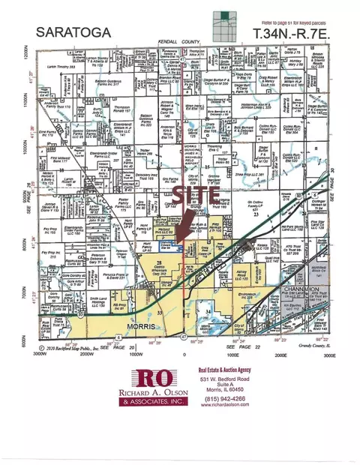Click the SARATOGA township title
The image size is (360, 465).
click(65, 34)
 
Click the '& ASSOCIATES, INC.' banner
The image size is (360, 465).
click(158, 411)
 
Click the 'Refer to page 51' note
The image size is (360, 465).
click(292, 24)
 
